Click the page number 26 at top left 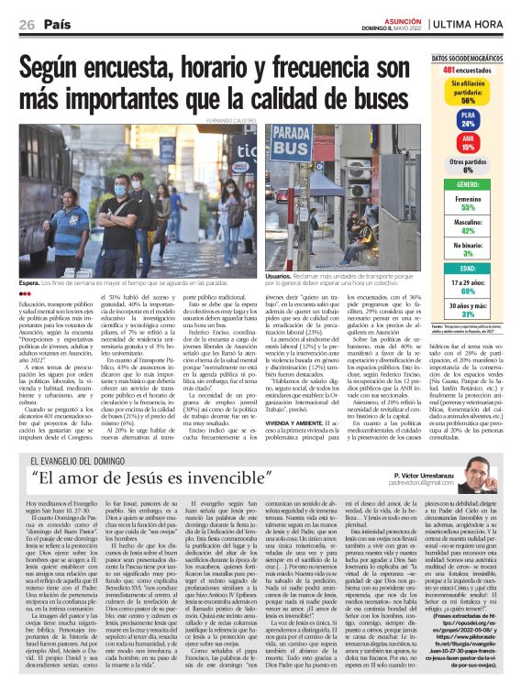coord(26,23)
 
